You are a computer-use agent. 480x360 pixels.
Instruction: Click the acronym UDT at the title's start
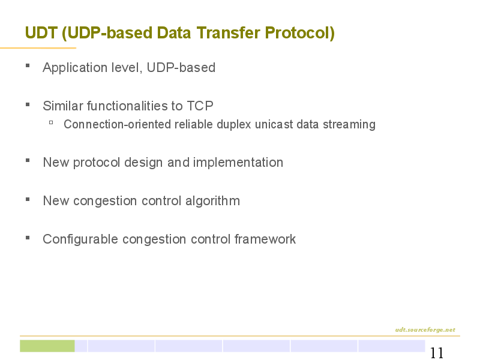(x=41, y=32)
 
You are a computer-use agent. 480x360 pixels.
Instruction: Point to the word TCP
(x=200, y=106)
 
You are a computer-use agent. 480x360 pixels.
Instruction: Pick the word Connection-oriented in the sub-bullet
(x=117, y=124)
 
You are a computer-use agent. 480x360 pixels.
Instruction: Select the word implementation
(x=238, y=163)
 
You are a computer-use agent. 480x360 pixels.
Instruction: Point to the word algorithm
(x=212, y=201)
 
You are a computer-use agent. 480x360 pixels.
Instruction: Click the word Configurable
(x=80, y=239)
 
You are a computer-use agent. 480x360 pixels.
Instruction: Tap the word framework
(x=265, y=239)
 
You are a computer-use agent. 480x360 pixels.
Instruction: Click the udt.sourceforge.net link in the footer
(x=425, y=329)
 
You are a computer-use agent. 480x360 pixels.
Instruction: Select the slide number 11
(x=437, y=353)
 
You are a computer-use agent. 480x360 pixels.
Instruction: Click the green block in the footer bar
(x=47, y=346)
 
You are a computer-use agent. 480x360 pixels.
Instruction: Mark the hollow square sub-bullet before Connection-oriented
(x=51, y=123)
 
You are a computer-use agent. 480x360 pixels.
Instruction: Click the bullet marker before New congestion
(x=28, y=199)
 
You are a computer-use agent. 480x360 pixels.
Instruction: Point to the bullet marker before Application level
(x=28, y=65)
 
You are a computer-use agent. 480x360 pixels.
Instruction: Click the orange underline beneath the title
(x=38, y=48)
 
